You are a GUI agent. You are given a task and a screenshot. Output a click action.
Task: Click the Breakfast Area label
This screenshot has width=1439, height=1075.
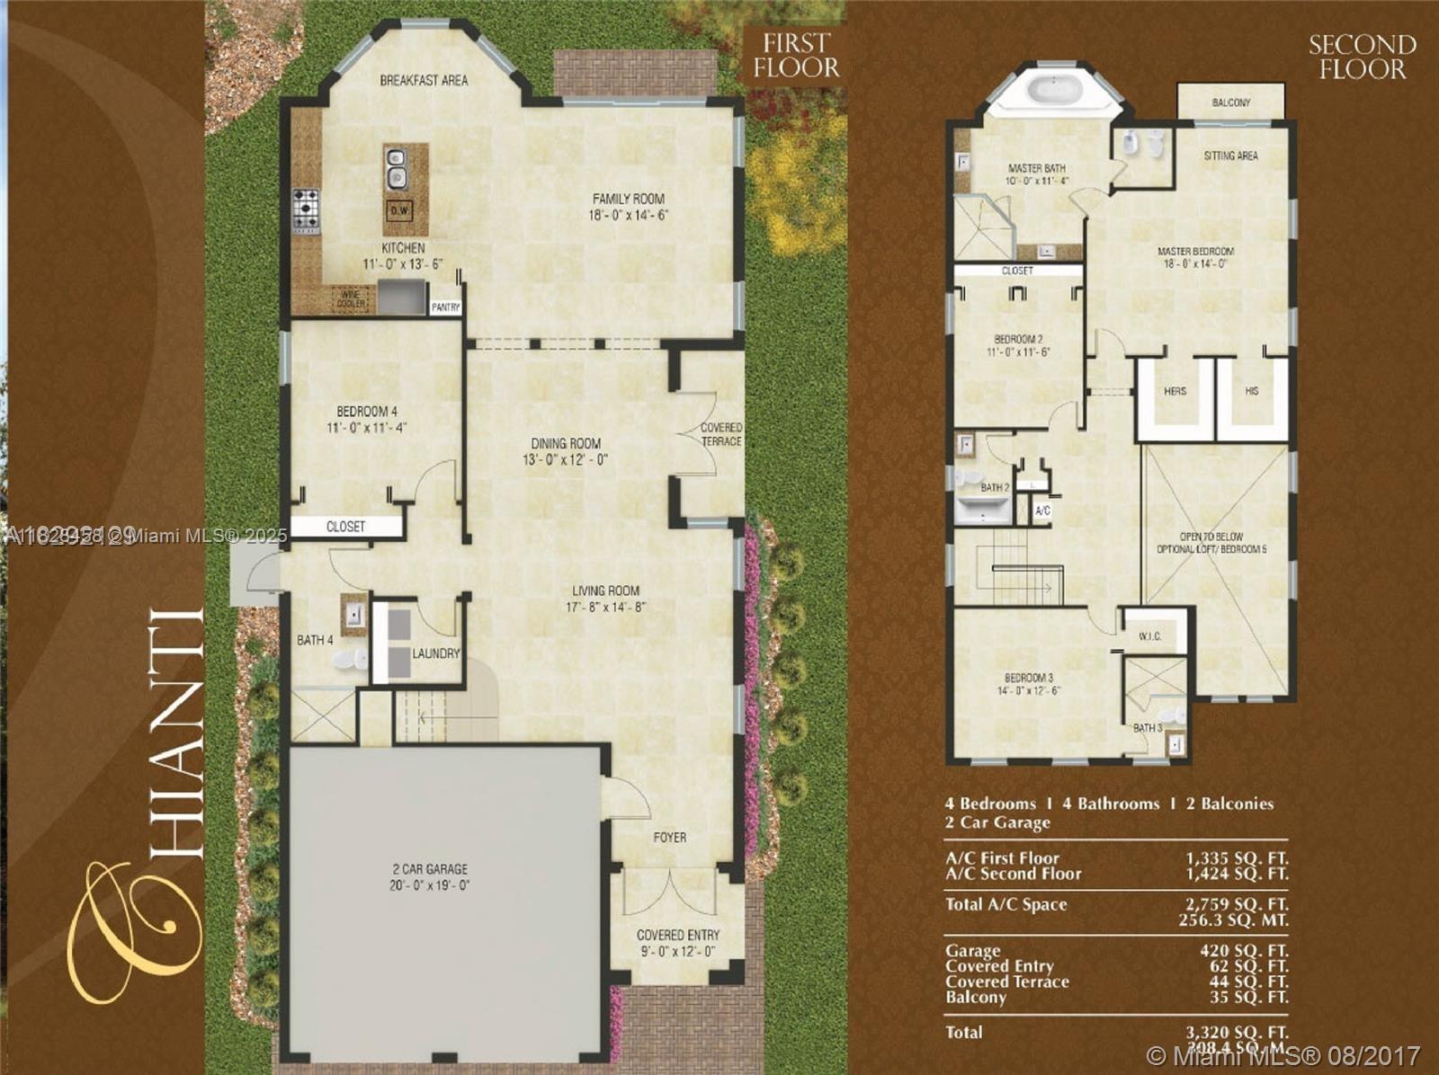tap(424, 80)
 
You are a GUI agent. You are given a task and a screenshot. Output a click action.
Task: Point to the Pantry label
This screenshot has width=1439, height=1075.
tap(445, 307)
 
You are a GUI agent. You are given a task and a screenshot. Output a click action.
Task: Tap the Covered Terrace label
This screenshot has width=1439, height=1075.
tap(721, 434)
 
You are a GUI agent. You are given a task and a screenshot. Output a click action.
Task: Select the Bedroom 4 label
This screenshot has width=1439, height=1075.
tap(367, 412)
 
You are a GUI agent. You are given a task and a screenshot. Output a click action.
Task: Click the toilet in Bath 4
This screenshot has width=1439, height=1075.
tap(349, 661)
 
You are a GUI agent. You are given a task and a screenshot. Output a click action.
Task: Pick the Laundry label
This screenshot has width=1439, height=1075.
tap(436, 653)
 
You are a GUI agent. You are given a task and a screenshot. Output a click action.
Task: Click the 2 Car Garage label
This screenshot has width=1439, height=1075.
tap(430, 869)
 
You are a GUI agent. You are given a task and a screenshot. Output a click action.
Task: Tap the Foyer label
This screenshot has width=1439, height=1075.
tap(670, 837)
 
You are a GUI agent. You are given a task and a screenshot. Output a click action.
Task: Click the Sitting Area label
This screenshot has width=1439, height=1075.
tap(1230, 155)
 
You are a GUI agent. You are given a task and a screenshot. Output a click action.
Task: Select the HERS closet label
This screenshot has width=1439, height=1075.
tap(1175, 391)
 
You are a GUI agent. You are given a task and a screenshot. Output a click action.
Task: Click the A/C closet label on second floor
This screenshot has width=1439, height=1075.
tap(1042, 510)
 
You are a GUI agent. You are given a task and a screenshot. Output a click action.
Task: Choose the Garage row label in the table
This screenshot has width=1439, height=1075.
tap(972, 950)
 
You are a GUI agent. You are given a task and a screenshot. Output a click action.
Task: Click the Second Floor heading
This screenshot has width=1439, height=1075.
tap(1362, 57)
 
